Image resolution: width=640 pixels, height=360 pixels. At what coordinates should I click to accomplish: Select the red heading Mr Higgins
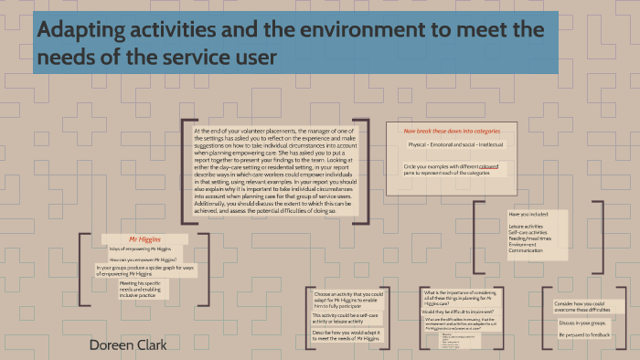(144, 237)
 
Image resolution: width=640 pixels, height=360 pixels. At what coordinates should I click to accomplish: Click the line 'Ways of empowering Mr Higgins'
(141, 249)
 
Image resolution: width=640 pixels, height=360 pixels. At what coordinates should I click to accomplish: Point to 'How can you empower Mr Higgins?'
(141, 259)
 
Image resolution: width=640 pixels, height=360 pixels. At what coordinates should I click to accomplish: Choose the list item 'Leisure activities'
(526, 226)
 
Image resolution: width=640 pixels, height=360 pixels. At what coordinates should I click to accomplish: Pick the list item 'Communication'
(528, 250)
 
